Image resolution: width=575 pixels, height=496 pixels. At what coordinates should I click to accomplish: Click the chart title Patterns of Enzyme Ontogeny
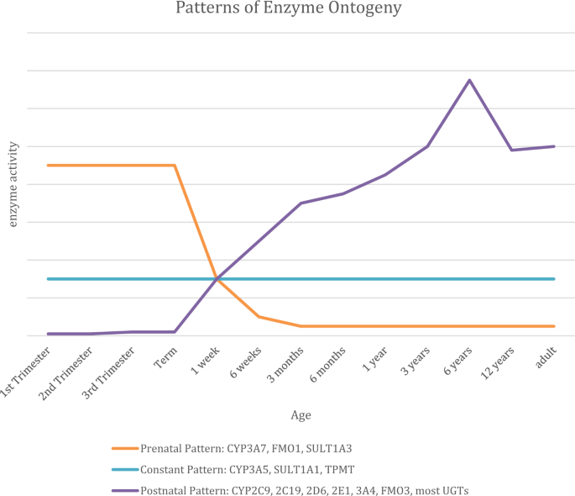tap(287, 9)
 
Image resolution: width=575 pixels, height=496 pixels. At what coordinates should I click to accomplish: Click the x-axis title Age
tap(301, 414)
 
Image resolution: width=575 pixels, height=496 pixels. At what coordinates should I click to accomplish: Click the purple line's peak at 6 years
tap(469, 80)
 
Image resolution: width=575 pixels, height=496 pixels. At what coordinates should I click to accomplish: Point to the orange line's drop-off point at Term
tap(175, 166)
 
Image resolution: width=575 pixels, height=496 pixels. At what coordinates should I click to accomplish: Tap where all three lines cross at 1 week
tap(217, 278)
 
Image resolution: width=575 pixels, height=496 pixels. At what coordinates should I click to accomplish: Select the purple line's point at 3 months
tap(301, 203)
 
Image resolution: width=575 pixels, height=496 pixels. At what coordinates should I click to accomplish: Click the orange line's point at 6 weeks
tap(259, 317)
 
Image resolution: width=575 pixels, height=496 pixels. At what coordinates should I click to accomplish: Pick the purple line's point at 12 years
tap(511, 150)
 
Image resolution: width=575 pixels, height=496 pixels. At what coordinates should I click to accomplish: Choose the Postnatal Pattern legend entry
tap(294, 488)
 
